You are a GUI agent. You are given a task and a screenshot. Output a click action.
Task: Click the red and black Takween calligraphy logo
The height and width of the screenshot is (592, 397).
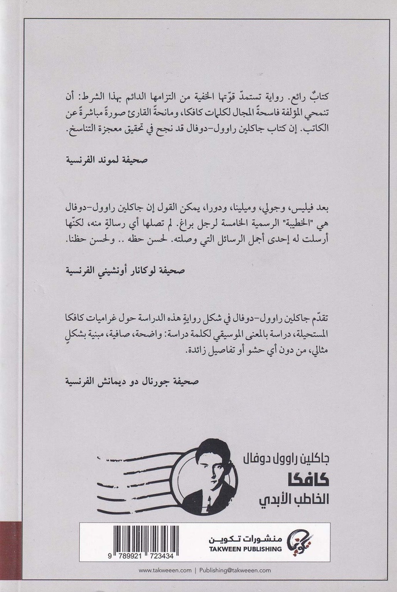tap(300, 542)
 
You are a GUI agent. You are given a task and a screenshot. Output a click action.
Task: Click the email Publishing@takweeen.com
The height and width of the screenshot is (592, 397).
tap(234, 570)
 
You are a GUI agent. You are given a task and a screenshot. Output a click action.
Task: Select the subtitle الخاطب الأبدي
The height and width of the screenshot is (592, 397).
tap(300, 499)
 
